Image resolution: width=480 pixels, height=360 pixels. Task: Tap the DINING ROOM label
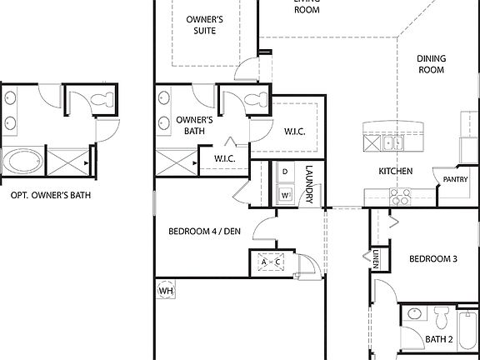[x=431, y=64]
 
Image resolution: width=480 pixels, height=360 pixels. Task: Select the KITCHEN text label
[x=396, y=171]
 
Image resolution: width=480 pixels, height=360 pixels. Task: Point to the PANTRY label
[x=455, y=179]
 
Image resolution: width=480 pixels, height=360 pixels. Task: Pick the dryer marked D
[x=285, y=172]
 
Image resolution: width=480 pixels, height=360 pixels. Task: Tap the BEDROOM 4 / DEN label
[x=204, y=232]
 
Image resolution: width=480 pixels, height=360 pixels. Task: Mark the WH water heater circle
[x=166, y=290]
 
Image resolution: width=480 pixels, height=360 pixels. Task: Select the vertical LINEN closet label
[x=377, y=259]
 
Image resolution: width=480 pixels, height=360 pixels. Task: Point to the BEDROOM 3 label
[x=432, y=259]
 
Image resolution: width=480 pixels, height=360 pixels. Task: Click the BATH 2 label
[x=438, y=339]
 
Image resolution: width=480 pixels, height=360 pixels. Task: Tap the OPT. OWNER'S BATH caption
[x=50, y=196]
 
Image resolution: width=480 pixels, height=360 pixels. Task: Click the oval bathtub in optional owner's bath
[x=22, y=160]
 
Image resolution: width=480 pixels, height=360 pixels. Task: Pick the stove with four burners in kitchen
[x=400, y=197]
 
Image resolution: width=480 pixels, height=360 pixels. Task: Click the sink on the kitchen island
[x=392, y=142]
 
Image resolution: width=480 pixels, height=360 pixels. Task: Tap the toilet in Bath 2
[x=439, y=315]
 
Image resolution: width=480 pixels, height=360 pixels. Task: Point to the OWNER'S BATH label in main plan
[x=198, y=125]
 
